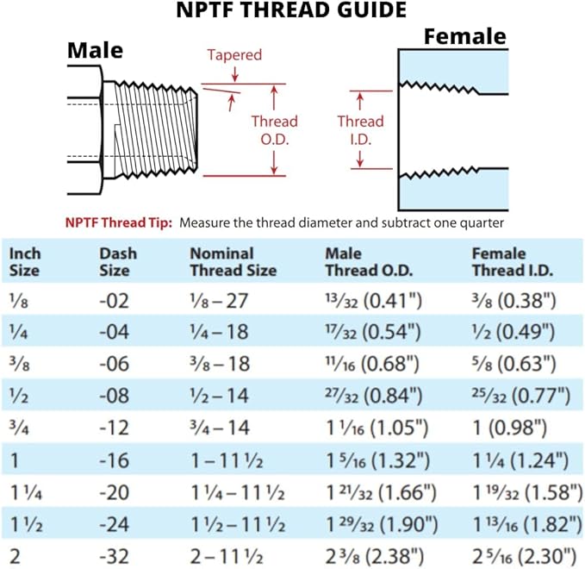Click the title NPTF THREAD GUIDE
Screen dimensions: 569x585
coord(291,12)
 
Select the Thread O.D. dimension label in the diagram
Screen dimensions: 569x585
coord(274,129)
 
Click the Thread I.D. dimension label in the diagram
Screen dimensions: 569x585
coord(359,130)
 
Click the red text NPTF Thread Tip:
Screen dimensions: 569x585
coord(118,222)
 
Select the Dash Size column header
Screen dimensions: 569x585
coord(118,262)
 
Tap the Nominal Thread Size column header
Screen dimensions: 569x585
coord(233,262)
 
